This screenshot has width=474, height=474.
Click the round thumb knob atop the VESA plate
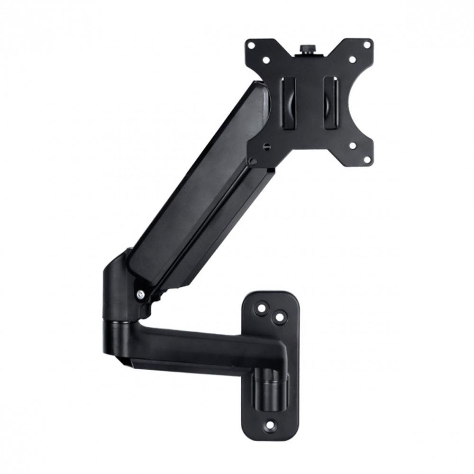click(305, 49)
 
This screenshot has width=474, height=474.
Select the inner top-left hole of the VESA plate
click(266, 60)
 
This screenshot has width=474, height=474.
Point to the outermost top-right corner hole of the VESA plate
click(366, 45)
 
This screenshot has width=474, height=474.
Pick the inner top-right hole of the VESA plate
click(352, 60)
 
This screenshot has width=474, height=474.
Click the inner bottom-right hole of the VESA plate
click(352, 145)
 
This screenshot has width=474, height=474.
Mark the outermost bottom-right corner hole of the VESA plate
click(366, 159)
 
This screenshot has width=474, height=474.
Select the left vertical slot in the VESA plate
click(289, 102)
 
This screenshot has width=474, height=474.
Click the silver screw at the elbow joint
click(140, 294)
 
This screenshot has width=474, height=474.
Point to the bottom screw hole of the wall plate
click(269, 425)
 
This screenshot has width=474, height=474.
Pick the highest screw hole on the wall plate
click(261, 307)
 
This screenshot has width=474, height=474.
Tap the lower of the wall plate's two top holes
click(279, 316)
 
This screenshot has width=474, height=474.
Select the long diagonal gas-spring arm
click(199, 190)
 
